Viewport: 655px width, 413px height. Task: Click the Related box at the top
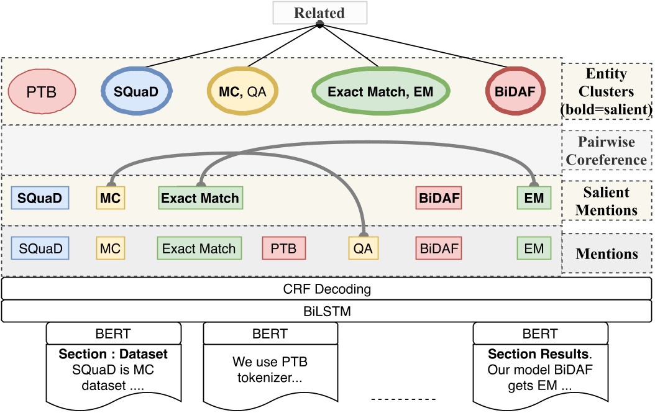[x=319, y=12]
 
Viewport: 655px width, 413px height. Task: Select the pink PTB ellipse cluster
[x=42, y=92]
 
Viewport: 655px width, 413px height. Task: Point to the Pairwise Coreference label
[x=607, y=151]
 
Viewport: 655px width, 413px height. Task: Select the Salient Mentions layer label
[x=607, y=201]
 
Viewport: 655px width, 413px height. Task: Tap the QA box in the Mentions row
[x=363, y=249]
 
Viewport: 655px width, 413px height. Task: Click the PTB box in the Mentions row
[x=284, y=249]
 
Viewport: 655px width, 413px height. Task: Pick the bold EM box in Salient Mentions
[x=534, y=199]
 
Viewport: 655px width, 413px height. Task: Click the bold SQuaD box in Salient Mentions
[x=40, y=199]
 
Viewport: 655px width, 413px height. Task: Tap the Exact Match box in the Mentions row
[x=199, y=249]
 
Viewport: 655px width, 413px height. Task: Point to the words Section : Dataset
[x=114, y=355]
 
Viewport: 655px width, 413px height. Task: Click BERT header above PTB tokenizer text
[x=270, y=334]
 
